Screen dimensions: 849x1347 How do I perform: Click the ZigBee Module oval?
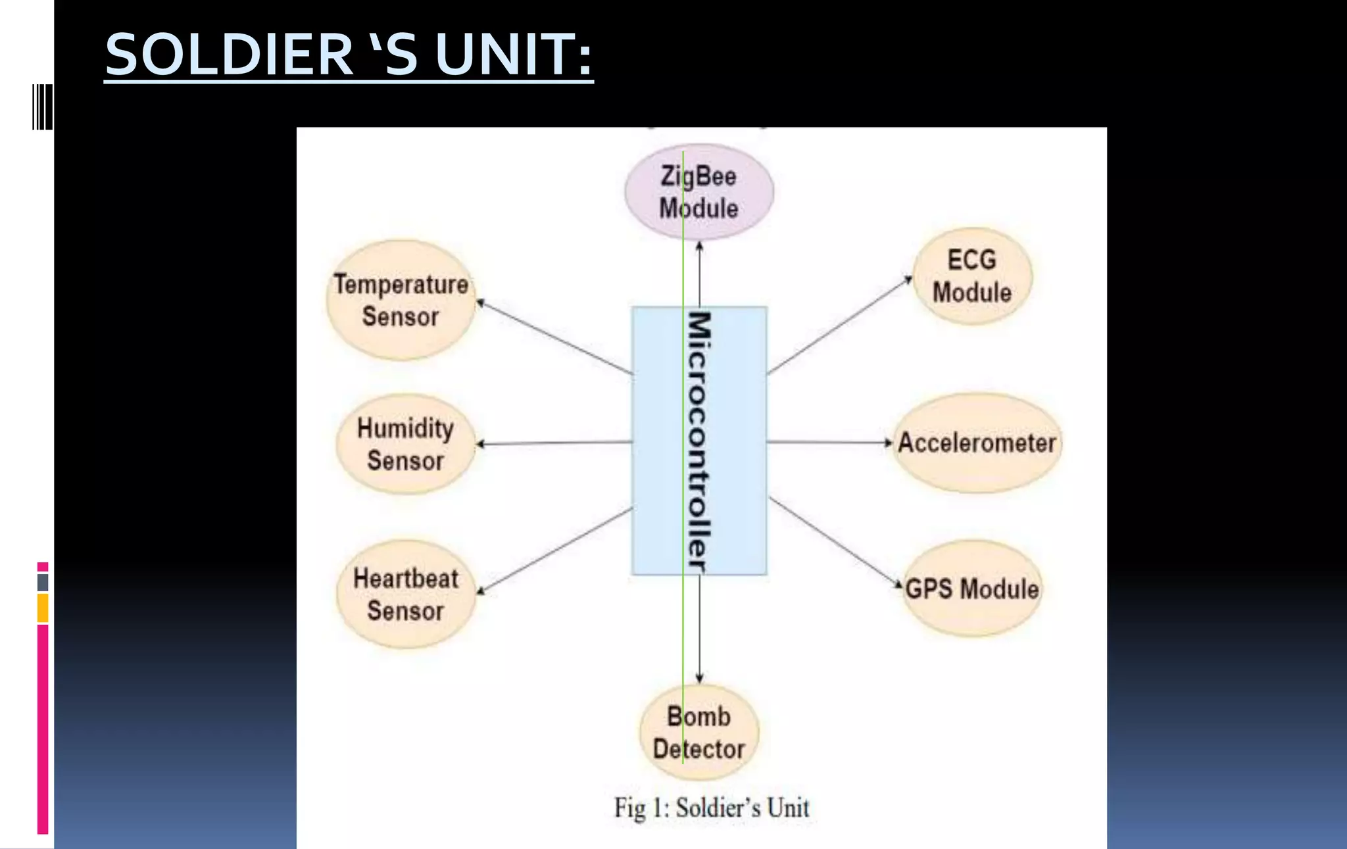click(x=698, y=192)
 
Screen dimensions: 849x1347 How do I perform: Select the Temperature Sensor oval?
click(x=401, y=301)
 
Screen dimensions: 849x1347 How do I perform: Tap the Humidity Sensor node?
click(x=405, y=445)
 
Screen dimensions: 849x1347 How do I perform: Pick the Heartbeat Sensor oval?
click(x=405, y=594)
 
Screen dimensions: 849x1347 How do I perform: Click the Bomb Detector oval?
click(x=698, y=733)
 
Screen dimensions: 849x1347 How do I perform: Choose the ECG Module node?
click(x=972, y=276)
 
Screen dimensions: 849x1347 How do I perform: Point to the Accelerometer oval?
click(x=977, y=443)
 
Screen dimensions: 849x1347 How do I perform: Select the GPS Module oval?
click(x=972, y=589)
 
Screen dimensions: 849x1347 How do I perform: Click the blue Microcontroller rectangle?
click(x=723, y=441)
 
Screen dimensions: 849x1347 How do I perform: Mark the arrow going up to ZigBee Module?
click(x=699, y=274)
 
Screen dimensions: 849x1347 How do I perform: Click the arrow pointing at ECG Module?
click(x=839, y=326)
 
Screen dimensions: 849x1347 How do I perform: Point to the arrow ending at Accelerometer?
click(x=829, y=443)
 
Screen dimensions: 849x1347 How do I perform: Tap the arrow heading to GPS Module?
click(x=835, y=542)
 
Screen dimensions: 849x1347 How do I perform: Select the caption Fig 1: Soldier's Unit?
click(x=712, y=808)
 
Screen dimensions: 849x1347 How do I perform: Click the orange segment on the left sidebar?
click(x=43, y=608)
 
